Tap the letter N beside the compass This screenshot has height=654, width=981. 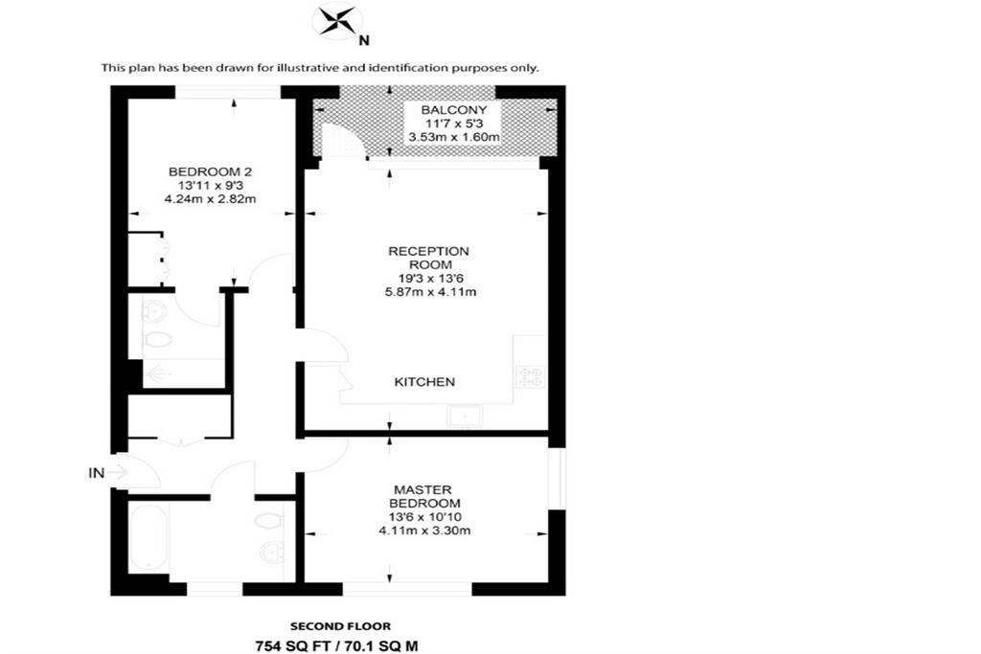click(363, 41)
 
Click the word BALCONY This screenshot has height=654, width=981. click(454, 110)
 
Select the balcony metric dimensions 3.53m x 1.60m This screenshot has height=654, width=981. click(454, 137)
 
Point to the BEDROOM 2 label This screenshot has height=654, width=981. click(210, 171)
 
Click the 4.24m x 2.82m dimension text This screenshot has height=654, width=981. click(210, 199)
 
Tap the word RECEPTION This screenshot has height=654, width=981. click(428, 251)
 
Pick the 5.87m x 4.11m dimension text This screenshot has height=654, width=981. click(431, 292)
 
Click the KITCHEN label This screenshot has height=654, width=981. click(424, 382)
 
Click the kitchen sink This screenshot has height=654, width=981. click(465, 416)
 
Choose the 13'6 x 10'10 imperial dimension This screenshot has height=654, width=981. click(424, 517)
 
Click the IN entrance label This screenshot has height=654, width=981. click(97, 473)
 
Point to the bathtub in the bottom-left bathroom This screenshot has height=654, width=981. click(148, 538)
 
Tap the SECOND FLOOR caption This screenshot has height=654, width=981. click(340, 626)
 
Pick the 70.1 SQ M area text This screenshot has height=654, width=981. click(379, 646)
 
